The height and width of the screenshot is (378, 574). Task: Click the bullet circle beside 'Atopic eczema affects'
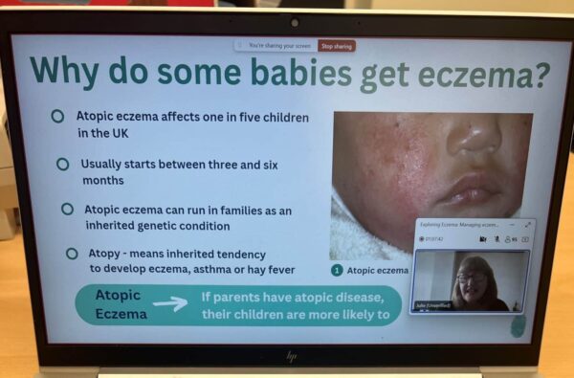pyautogui.click(x=57, y=116)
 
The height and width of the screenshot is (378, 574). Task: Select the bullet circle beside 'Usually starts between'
pyautogui.click(x=62, y=164)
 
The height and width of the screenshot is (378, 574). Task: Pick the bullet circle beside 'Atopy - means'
pyautogui.click(x=72, y=254)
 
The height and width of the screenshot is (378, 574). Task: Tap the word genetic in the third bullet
pyautogui.click(x=185, y=226)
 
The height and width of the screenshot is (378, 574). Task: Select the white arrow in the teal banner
pyautogui.click(x=169, y=303)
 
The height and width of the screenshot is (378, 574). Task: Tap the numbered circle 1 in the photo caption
pyautogui.click(x=337, y=271)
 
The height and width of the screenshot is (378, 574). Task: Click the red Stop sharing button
pyautogui.click(x=337, y=45)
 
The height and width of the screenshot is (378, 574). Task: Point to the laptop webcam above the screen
pyautogui.click(x=294, y=22)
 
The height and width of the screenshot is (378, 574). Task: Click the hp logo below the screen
pyautogui.click(x=291, y=356)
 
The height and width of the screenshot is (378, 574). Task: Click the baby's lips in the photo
pyautogui.click(x=468, y=187)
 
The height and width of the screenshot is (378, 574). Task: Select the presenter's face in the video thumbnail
pyautogui.click(x=473, y=278)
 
